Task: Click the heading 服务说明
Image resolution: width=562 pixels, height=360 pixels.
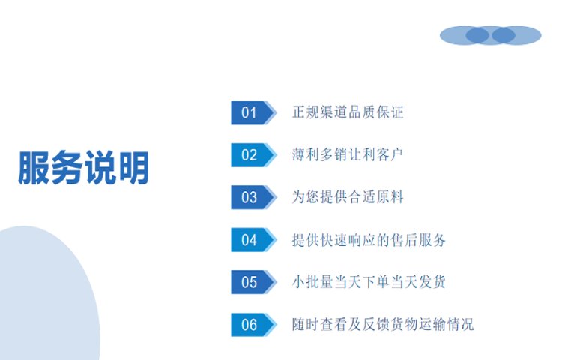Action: coord(83,168)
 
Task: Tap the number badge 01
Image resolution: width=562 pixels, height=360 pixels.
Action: coord(254,112)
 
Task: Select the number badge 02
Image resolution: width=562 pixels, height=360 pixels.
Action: coord(254,155)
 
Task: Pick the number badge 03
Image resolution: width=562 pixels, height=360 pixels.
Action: coord(254,197)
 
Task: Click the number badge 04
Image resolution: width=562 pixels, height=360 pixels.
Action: coord(254,239)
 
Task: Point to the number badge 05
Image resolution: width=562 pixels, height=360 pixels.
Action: coord(254,282)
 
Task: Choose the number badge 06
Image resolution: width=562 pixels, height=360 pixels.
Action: coord(254,325)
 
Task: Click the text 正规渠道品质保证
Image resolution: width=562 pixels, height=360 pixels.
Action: coord(348,112)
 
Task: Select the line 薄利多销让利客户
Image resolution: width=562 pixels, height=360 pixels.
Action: coord(348,154)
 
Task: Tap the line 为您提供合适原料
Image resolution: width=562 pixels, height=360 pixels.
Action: coord(348,196)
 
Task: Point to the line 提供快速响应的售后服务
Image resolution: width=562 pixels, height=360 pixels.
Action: coord(369,239)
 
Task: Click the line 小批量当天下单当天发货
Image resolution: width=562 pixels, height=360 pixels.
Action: coord(369,282)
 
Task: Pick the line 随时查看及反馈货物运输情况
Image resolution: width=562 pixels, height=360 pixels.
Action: coord(383,324)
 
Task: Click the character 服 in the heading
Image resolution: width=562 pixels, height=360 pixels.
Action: coord(34,168)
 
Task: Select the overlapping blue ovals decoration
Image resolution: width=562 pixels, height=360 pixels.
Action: coord(490,35)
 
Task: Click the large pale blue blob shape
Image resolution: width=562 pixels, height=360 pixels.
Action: coord(46,294)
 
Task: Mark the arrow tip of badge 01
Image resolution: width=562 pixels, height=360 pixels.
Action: coord(277,112)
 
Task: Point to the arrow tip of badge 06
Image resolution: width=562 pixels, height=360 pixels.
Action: coord(277,325)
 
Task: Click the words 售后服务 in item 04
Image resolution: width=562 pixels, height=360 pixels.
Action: coord(419,239)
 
